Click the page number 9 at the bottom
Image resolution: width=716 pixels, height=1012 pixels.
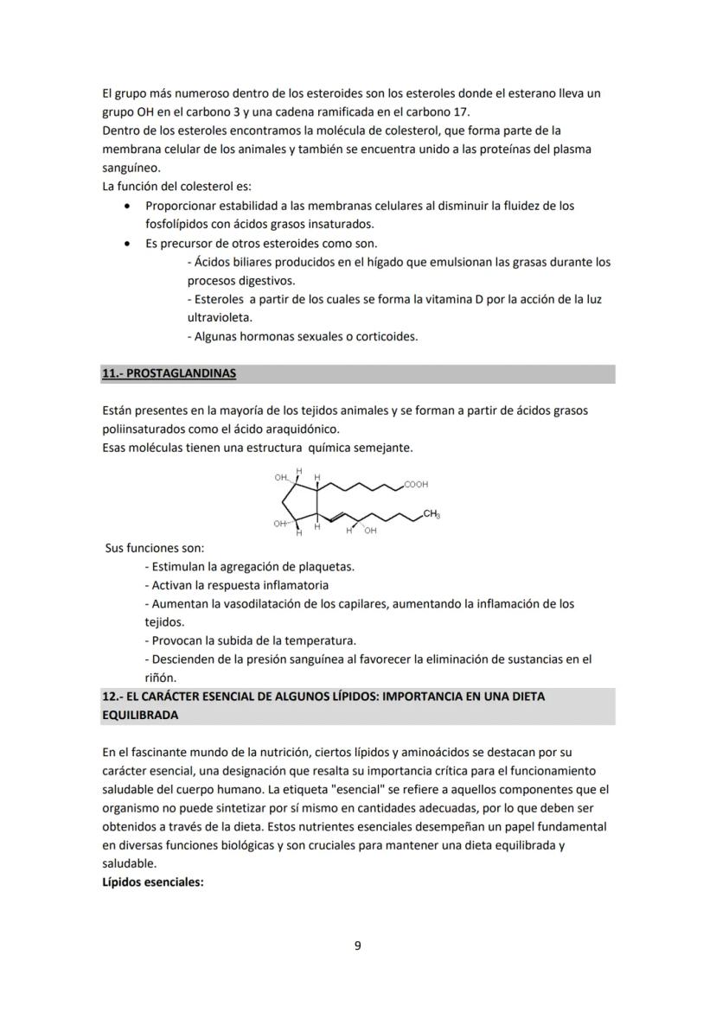pyautogui.click(x=358, y=945)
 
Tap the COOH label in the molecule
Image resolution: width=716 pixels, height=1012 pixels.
pyautogui.click(x=416, y=485)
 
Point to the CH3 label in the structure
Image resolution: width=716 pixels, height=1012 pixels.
pyautogui.click(x=432, y=515)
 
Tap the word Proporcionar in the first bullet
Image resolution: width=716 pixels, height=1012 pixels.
pyautogui.click(x=179, y=206)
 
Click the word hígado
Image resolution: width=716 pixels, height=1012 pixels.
pyautogui.click(x=358, y=262)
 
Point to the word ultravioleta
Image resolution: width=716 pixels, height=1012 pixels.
pyautogui.click(x=217, y=317)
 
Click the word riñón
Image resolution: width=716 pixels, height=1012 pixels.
pyautogui.click(x=161, y=678)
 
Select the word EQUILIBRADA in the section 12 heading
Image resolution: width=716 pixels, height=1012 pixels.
pyautogui.click(x=140, y=716)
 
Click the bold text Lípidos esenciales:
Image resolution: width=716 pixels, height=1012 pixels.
pyautogui.click(x=152, y=882)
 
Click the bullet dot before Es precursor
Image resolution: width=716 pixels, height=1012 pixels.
pyautogui.click(x=128, y=244)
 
